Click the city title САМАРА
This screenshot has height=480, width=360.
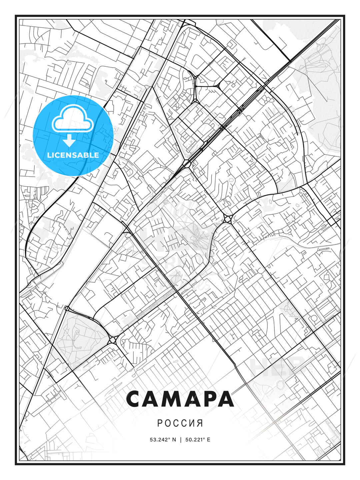click(x=180, y=399)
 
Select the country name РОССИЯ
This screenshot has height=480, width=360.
click(x=180, y=423)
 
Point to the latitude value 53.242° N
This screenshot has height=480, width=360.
click(x=163, y=440)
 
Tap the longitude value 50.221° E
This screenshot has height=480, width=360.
click(x=197, y=440)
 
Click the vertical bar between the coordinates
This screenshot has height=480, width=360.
click(x=180, y=440)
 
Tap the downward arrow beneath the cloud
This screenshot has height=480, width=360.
click(x=69, y=141)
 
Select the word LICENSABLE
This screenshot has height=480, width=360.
click(x=73, y=155)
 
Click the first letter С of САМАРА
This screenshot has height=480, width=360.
click(x=134, y=399)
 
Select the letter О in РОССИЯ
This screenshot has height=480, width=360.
click(x=168, y=423)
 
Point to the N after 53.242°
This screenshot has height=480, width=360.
click(x=174, y=440)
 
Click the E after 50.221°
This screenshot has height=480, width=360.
click(x=208, y=440)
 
